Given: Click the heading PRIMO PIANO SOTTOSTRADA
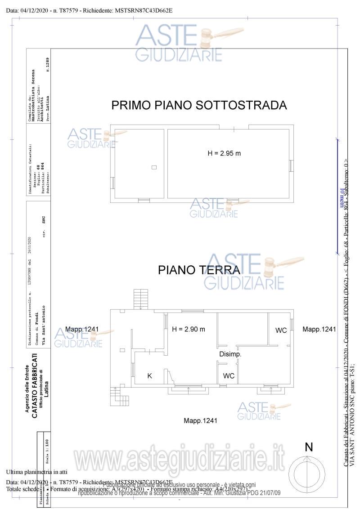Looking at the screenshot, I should tap(199, 105).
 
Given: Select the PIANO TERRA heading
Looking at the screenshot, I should tap(198, 270).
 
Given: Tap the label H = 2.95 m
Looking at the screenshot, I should tap(224, 153).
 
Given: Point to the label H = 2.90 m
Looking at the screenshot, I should tap(189, 329).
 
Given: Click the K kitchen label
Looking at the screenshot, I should tap(150, 375).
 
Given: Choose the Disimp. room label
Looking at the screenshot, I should tap(230, 354).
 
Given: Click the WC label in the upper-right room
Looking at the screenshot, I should tap(281, 330).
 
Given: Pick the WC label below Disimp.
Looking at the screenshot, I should tap(229, 375).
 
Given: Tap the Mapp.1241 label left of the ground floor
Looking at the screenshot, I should tap(81, 329).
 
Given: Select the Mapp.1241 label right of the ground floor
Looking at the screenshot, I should tap(319, 329).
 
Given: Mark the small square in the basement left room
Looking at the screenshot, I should tap(154, 167).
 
